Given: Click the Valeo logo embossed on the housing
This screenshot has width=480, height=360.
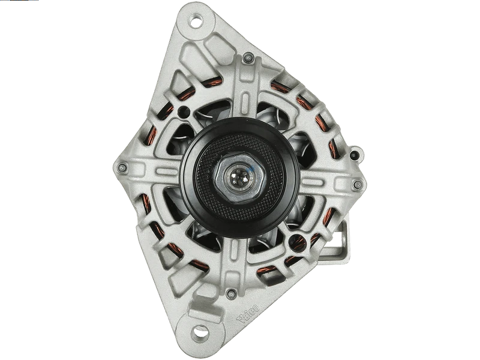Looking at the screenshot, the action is pyautogui.click(x=248, y=313).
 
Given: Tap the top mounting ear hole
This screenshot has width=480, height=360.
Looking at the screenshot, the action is pyautogui.click(x=196, y=22).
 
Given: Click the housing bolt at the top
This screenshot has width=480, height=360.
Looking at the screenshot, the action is pyautogui.click(x=248, y=57).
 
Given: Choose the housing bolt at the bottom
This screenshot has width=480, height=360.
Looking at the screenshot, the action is pyautogui.click(x=231, y=294).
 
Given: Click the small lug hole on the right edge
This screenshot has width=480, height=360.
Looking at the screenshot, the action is pyautogui.click(x=355, y=155).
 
